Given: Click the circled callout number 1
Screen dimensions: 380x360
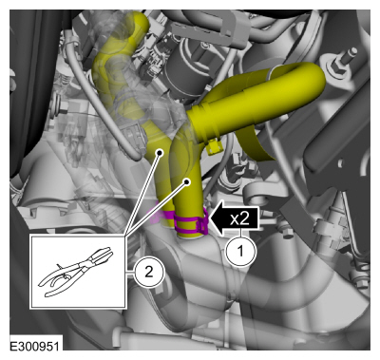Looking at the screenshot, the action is click(240, 251).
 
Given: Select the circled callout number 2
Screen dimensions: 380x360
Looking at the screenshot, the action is click(149, 272).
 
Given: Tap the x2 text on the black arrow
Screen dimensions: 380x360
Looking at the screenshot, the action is click(239, 218).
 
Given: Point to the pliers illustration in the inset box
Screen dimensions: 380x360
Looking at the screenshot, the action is click(75, 272).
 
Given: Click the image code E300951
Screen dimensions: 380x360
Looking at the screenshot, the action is click(34, 346).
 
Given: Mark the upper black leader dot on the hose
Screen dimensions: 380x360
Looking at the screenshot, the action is click(160, 153).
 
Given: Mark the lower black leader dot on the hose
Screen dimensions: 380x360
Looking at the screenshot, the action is click(187, 181).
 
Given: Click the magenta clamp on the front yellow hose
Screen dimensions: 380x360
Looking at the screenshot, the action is click(191, 222).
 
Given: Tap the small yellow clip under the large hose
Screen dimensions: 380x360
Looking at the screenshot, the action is click(214, 146).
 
